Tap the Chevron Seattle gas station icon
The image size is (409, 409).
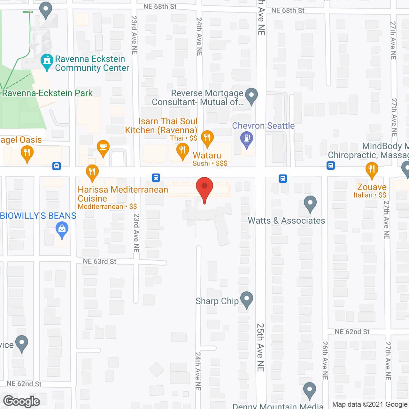[246, 138]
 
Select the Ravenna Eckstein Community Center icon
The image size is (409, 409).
[47, 60]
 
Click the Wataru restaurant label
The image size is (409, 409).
[207, 156]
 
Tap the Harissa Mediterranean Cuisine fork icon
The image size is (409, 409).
[92, 172]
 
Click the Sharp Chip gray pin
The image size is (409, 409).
[246, 299]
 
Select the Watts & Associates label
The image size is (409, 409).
[286, 221]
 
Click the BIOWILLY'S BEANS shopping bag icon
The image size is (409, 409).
[62, 229]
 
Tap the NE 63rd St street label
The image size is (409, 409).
[100, 261]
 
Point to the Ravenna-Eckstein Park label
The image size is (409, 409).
[47, 93]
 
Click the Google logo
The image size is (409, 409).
[22, 401]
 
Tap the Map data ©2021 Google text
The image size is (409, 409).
[370, 405]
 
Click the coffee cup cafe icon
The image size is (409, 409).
[103, 147]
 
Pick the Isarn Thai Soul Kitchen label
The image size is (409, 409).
[162, 126]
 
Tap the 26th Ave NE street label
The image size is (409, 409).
[325, 360]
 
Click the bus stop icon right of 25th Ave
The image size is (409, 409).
[283, 178]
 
